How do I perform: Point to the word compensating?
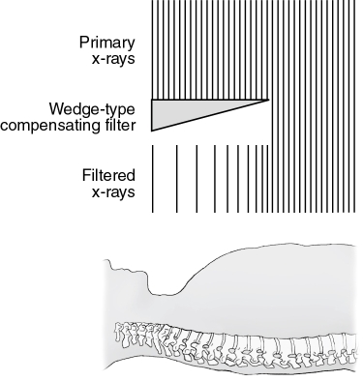pyautogui.click(x=48, y=125)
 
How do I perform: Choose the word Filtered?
pyautogui.click(x=109, y=175)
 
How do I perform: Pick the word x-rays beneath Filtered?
pyautogui.click(x=113, y=191)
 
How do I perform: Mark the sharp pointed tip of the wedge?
pyautogui.click(x=266, y=98)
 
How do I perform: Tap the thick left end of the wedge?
pyautogui.click(x=155, y=113)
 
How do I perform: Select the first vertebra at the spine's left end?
pyautogui.click(x=120, y=334)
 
